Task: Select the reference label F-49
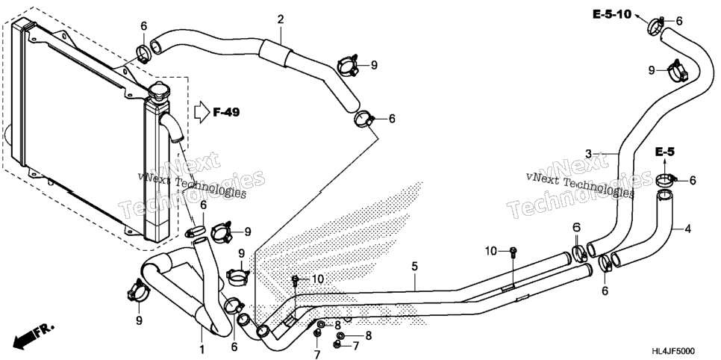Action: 226,112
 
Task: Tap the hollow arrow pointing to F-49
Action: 202,112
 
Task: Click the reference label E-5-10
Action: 611,15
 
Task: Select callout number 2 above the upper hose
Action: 280,19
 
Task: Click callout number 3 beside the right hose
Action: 588,153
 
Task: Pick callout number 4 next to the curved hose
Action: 687,229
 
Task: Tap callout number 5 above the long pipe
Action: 414,266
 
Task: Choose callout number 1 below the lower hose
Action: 201,350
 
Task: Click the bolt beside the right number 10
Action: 513,252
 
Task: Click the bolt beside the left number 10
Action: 296,279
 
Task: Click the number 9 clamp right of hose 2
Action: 349,66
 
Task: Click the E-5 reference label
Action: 664,152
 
